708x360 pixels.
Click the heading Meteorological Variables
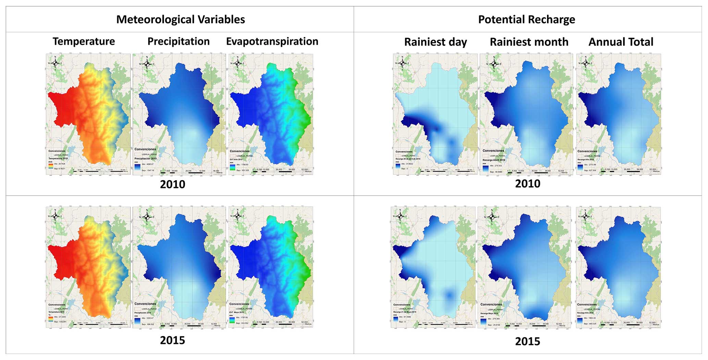pos(181,20)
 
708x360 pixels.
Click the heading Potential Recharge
pos(526,20)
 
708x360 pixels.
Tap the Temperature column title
pos(84,41)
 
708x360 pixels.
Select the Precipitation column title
pos(178,41)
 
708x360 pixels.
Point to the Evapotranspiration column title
pos(272,41)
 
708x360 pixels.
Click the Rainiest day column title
pos(435,42)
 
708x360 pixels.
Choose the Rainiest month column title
pos(529,42)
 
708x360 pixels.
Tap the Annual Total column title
pos(621,42)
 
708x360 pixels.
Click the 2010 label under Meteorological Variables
pos(173,184)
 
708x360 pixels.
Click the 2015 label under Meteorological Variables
pos(173,340)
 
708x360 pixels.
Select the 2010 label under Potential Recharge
pos(527,184)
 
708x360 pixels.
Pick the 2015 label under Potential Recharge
pos(527,341)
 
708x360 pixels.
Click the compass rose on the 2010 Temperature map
pos(55,63)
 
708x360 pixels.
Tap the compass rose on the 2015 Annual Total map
pos(585,216)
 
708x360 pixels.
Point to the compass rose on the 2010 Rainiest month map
pos(494,63)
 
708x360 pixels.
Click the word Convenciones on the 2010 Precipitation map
pos(145,149)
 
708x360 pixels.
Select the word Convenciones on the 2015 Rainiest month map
pos(491,304)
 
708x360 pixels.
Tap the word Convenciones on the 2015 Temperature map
pos(57,305)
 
